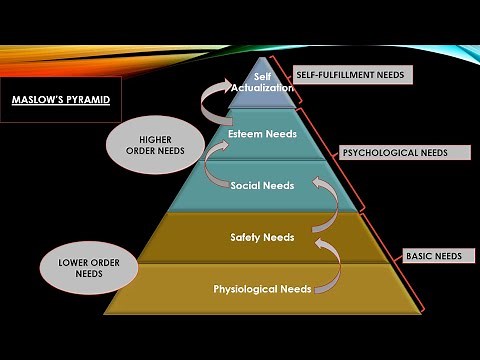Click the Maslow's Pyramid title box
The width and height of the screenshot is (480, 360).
60,100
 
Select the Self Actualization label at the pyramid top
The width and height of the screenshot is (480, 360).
262,81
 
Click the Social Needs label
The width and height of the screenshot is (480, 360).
261,186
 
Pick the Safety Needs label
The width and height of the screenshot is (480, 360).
262,237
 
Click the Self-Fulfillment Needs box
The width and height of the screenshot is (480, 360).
352,75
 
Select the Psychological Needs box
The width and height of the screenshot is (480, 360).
390,153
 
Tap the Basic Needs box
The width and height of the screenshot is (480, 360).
433,256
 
